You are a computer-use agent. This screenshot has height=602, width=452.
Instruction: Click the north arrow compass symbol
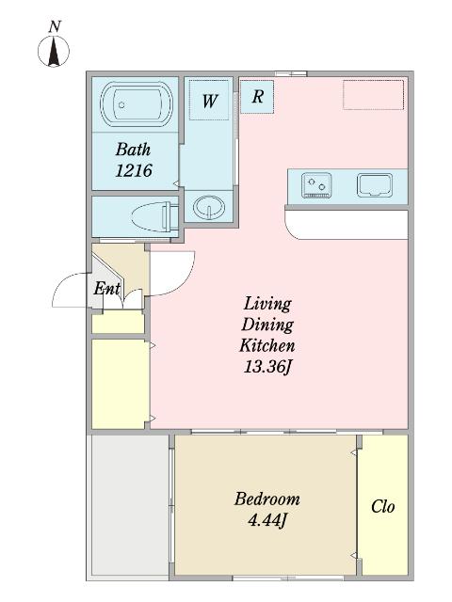click(54, 52)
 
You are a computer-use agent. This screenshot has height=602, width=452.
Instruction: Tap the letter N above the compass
click(55, 27)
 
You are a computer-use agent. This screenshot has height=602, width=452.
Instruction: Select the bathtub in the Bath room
click(136, 103)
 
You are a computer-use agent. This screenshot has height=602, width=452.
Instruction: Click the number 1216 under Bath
click(134, 170)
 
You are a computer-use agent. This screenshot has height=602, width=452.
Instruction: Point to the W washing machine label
click(210, 102)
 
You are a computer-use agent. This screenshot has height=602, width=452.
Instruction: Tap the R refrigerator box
click(257, 97)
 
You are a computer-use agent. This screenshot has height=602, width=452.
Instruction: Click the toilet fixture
click(154, 217)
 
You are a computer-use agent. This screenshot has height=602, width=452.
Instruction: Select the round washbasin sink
click(209, 207)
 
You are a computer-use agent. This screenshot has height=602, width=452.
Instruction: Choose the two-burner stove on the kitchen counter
click(316, 185)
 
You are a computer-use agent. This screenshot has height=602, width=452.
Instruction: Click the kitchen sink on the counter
click(375, 185)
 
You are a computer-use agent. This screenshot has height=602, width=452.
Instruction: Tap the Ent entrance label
click(106, 289)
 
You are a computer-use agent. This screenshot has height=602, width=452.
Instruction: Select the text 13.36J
click(267, 368)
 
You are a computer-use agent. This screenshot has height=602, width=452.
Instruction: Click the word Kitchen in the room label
click(267, 345)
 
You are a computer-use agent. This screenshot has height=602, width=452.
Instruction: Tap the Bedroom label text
click(267, 499)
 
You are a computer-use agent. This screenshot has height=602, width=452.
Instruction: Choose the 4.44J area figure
click(267, 520)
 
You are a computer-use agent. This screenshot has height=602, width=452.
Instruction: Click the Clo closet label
click(383, 506)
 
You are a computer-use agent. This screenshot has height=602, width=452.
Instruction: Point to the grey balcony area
click(128, 506)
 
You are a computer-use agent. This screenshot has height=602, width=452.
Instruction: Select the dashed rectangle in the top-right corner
click(373, 95)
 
